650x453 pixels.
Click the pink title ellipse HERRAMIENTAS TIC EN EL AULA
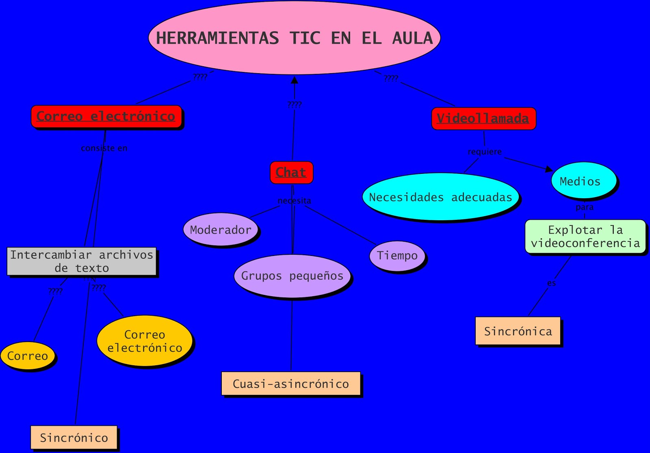pyautogui.click(x=295, y=38)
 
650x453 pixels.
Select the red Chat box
pyautogui.click(x=291, y=172)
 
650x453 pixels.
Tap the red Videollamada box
pyautogui.click(x=483, y=118)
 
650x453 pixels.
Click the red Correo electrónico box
pyautogui.click(x=106, y=116)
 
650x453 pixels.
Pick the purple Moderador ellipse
pyautogui.click(x=221, y=230)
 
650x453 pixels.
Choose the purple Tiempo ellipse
pyautogui.click(x=397, y=256)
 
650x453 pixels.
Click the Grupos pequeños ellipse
pyautogui.click(x=292, y=276)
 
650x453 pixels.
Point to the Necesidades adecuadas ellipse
pyautogui.click(x=440, y=197)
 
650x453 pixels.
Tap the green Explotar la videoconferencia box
pyautogui.click(x=585, y=236)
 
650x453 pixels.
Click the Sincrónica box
pyautogui.click(x=518, y=331)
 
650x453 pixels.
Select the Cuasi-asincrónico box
pyautogui.click(x=291, y=384)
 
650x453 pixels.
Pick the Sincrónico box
pyautogui.click(x=74, y=438)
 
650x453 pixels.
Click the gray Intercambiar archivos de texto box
pyautogui.click(x=82, y=261)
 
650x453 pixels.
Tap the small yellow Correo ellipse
pyautogui.click(x=28, y=356)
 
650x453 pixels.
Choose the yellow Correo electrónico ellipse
pyautogui.click(x=145, y=341)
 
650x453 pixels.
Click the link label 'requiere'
pyautogui.click(x=485, y=152)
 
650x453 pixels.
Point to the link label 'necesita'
pyautogui.click(x=294, y=201)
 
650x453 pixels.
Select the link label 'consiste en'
pyautogui.click(x=104, y=148)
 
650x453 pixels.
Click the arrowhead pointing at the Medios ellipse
pyautogui.click(x=549, y=169)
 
